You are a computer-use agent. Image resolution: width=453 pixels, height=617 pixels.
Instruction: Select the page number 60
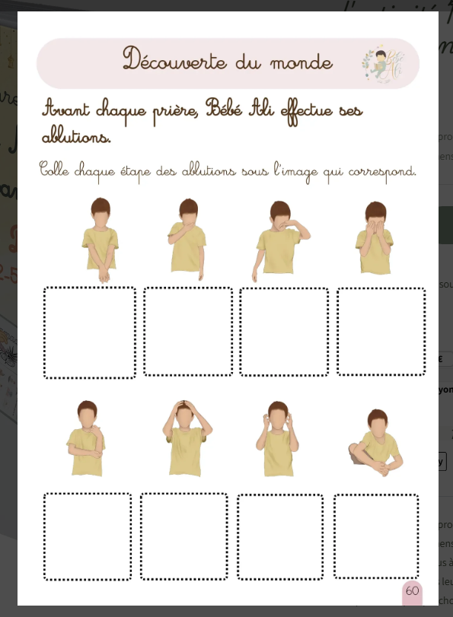412,591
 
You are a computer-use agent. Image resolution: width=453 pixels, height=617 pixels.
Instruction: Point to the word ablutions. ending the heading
76,138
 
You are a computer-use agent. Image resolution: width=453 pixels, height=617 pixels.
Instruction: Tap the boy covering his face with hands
375,237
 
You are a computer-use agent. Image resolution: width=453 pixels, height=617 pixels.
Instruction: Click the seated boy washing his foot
375,445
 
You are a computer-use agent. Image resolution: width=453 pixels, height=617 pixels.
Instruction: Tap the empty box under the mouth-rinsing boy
188,331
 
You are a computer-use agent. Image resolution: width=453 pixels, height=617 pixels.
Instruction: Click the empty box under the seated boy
376,536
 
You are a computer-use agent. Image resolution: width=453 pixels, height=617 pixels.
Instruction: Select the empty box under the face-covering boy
381,331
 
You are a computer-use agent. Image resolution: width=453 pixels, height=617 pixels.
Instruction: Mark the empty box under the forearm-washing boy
88,536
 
